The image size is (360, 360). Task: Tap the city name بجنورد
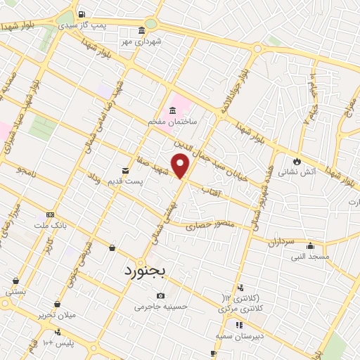[x=148, y=270]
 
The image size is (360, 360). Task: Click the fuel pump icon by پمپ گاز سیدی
[x=82, y=14]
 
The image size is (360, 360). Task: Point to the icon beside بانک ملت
[x=49, y=214]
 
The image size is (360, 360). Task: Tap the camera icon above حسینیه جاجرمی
[x=162, y=295]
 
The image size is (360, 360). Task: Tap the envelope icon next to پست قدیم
[x=125, y=170]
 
